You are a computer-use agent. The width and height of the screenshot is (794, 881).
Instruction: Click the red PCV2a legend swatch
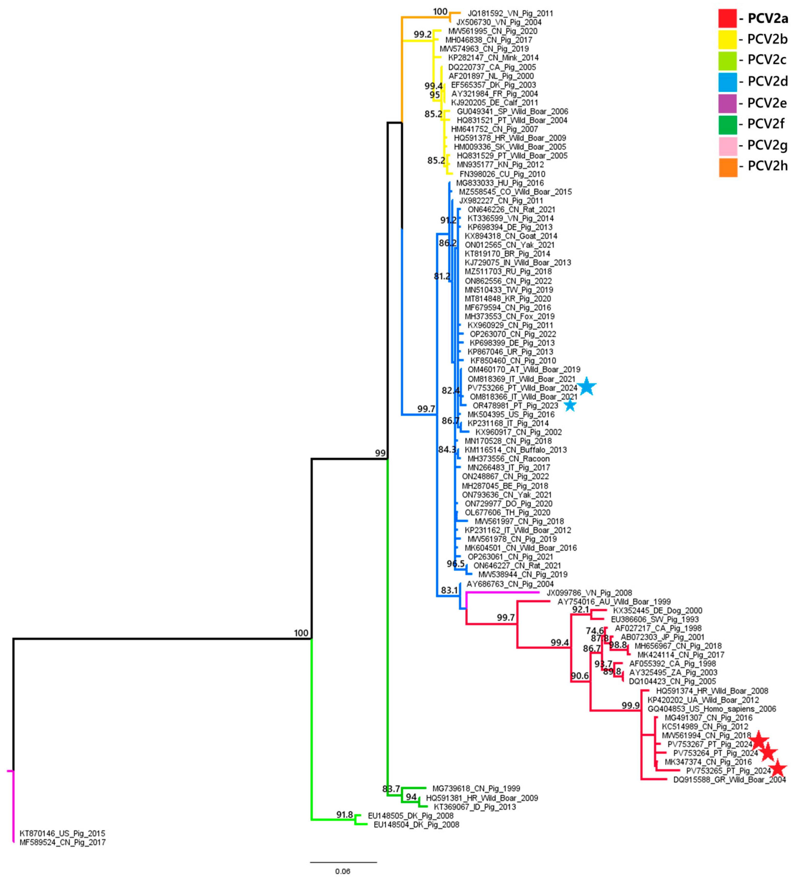pos(728,18)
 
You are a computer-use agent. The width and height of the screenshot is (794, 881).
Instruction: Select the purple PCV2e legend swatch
pos(728,103)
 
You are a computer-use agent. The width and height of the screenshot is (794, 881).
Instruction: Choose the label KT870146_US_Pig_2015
pos(62,833)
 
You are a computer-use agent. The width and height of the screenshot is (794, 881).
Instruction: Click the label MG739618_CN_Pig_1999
pos(476,789)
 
